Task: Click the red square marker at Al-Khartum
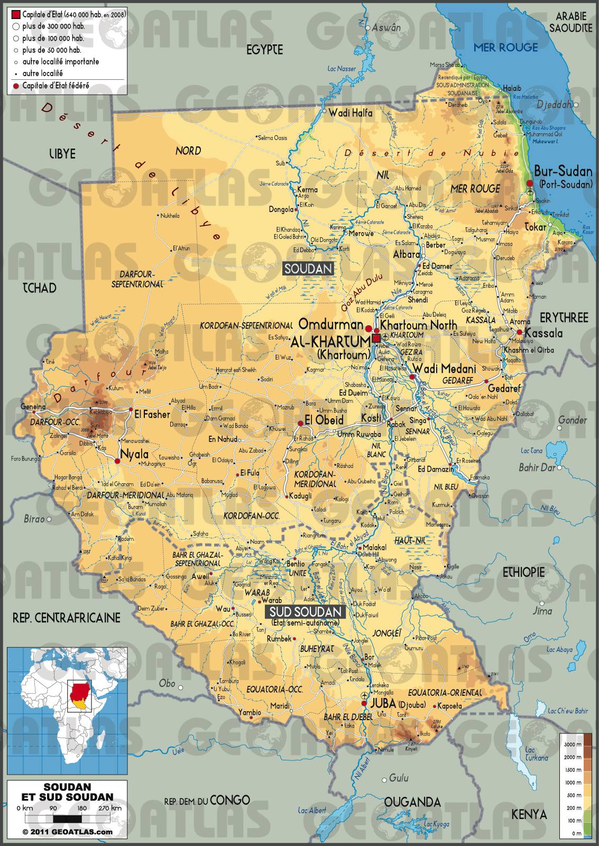376,338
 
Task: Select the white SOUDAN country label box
309,269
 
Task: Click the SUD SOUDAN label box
306,612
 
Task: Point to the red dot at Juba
364,704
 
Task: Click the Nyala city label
134,454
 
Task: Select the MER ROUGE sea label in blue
505,48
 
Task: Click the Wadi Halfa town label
350,113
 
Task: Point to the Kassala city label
543,334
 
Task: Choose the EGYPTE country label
265,50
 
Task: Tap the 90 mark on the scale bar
53,808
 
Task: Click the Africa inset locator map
67,711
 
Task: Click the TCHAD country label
39,288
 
